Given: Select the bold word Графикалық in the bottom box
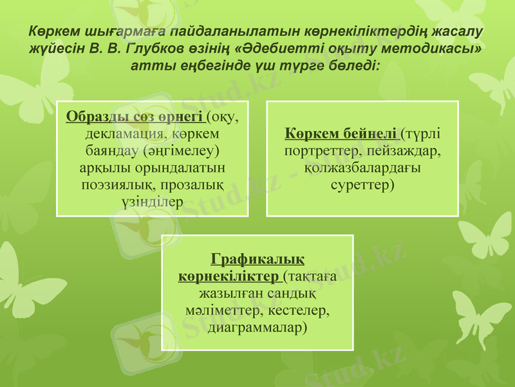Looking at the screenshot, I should pyautogui.click(x=257, y=261).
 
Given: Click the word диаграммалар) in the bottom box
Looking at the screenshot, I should pyautogui.click(x=257, y=328).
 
